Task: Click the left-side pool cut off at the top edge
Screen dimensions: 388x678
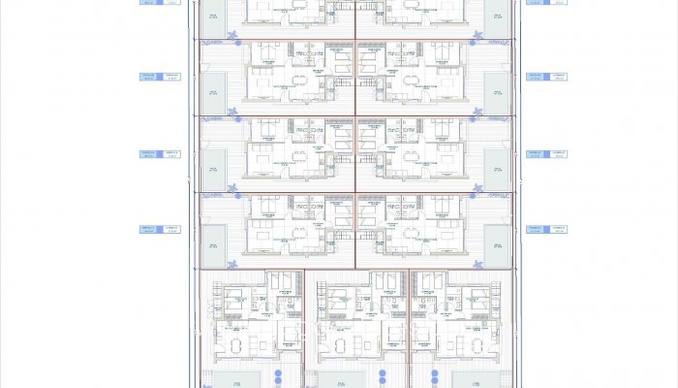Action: (x=213, y=10)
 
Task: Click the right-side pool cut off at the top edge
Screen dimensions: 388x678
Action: (x=497, y=10)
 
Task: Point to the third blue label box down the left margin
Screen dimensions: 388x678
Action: (x=159, y=153)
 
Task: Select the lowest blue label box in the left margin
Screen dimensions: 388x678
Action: (x=159, y=230)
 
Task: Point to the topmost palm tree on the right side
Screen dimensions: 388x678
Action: (x=476, y=38)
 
